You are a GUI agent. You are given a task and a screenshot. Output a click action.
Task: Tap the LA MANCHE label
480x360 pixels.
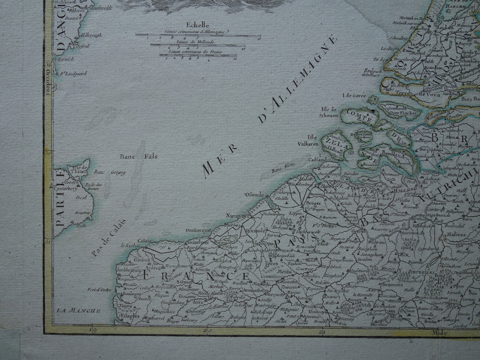click(x=78, y=311)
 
